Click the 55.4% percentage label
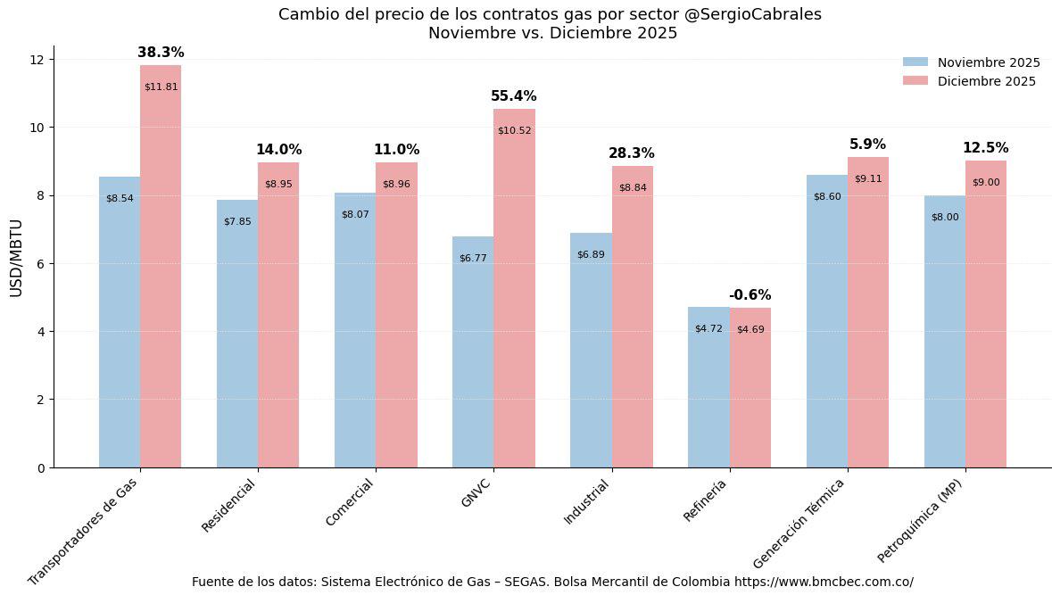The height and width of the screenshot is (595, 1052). click(x=514, y=96)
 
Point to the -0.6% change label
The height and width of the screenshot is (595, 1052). click(x=750, y=295)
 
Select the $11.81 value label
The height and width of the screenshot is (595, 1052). click(x=161, y=87)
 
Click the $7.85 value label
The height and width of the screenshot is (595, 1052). click(x=237, y=221)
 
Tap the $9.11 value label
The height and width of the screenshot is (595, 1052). click(x=868, y=179)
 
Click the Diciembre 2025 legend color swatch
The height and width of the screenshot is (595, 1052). click(x=915, y=81)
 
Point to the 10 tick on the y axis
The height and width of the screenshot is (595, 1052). click(x=37, y=128)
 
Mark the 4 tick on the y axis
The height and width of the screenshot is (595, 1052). click(x=40, y=332)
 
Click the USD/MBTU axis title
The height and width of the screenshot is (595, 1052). click(x=16, y=258)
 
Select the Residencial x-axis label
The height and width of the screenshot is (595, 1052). click(x=228, y=506)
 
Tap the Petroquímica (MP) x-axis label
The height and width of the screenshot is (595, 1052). click(x=920, y=519)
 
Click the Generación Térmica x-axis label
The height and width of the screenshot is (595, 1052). click(x=799, y=523)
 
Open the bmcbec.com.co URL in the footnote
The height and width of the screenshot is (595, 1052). click(x=824, y=582)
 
